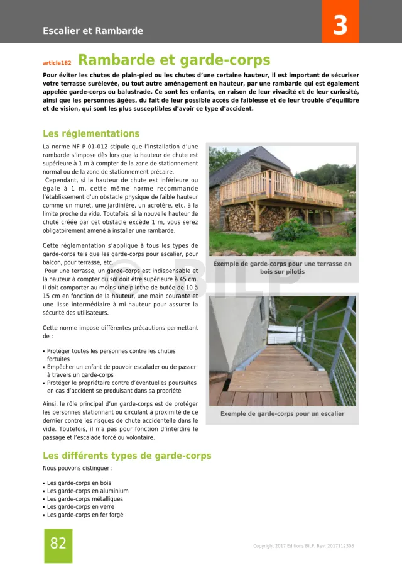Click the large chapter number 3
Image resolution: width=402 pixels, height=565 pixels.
340,25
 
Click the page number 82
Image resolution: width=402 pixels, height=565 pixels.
58,543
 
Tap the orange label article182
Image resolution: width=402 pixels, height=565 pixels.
57,63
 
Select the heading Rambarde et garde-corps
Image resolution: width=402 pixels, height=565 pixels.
174,60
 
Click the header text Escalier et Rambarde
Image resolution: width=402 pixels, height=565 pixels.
93,31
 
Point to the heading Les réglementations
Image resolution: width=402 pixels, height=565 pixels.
91,133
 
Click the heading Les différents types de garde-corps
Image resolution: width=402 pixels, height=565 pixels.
127,456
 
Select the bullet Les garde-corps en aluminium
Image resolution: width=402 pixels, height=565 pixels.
87,491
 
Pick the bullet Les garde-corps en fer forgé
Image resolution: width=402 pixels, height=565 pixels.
85,515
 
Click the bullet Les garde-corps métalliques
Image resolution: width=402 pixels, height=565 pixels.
85,499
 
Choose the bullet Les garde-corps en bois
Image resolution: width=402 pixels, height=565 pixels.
79,483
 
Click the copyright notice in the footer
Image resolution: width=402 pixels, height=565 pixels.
303,546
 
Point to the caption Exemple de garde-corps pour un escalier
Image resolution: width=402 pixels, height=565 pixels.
282,414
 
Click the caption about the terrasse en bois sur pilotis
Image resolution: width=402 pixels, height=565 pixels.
282,268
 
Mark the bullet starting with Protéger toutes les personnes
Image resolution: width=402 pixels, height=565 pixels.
111,351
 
